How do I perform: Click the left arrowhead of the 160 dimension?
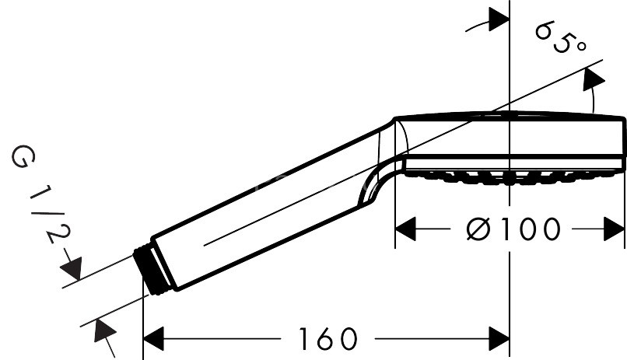coord(156,339)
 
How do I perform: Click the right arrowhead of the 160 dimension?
coord(498,339)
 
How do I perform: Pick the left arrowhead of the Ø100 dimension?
coord(406,229)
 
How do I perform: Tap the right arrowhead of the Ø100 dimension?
coord(615,229)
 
